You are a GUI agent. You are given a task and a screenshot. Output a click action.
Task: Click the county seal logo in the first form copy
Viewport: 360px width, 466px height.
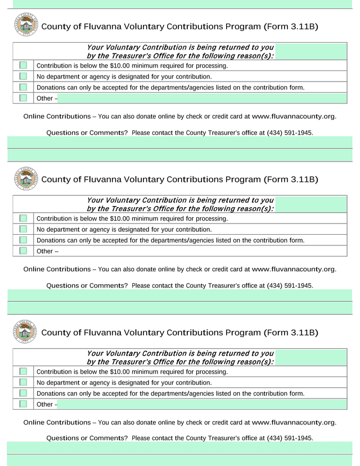point(25,26)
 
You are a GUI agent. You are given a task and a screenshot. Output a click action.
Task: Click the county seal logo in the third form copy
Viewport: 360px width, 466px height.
point(25,332)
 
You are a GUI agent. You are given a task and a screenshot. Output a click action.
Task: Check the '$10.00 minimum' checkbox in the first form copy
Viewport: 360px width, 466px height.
point(23,66)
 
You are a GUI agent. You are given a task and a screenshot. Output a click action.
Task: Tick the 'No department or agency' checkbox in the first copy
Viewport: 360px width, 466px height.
point(23,77)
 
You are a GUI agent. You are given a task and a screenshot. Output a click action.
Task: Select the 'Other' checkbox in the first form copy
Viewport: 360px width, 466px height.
point(23,98)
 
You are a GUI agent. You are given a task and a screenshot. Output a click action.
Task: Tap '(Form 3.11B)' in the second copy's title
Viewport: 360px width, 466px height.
point(290,180)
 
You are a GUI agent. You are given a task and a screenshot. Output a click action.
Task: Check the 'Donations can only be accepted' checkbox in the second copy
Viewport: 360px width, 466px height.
point(23,240)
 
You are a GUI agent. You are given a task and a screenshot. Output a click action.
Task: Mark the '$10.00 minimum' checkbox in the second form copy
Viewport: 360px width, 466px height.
point(23,218)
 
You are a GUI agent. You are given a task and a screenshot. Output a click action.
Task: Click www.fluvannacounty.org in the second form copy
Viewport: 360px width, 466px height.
point(294,269)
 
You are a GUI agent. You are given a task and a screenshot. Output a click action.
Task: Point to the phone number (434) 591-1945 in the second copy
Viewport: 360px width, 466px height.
point(290,286)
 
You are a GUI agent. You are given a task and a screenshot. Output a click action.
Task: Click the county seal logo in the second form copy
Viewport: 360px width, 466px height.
point(25,179)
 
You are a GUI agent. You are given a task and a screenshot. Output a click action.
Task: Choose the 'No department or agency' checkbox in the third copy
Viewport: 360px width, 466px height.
point(23,383)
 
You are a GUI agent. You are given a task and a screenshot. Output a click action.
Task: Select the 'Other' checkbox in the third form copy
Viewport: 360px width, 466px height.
point(23,404)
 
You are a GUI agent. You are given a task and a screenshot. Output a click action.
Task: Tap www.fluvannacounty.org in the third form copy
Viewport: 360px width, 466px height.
point(294,422)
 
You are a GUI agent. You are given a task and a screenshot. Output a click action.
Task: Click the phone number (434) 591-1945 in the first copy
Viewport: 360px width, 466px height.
point(290,133)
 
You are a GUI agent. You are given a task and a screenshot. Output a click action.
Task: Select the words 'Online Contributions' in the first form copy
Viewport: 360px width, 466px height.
point(57,116)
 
